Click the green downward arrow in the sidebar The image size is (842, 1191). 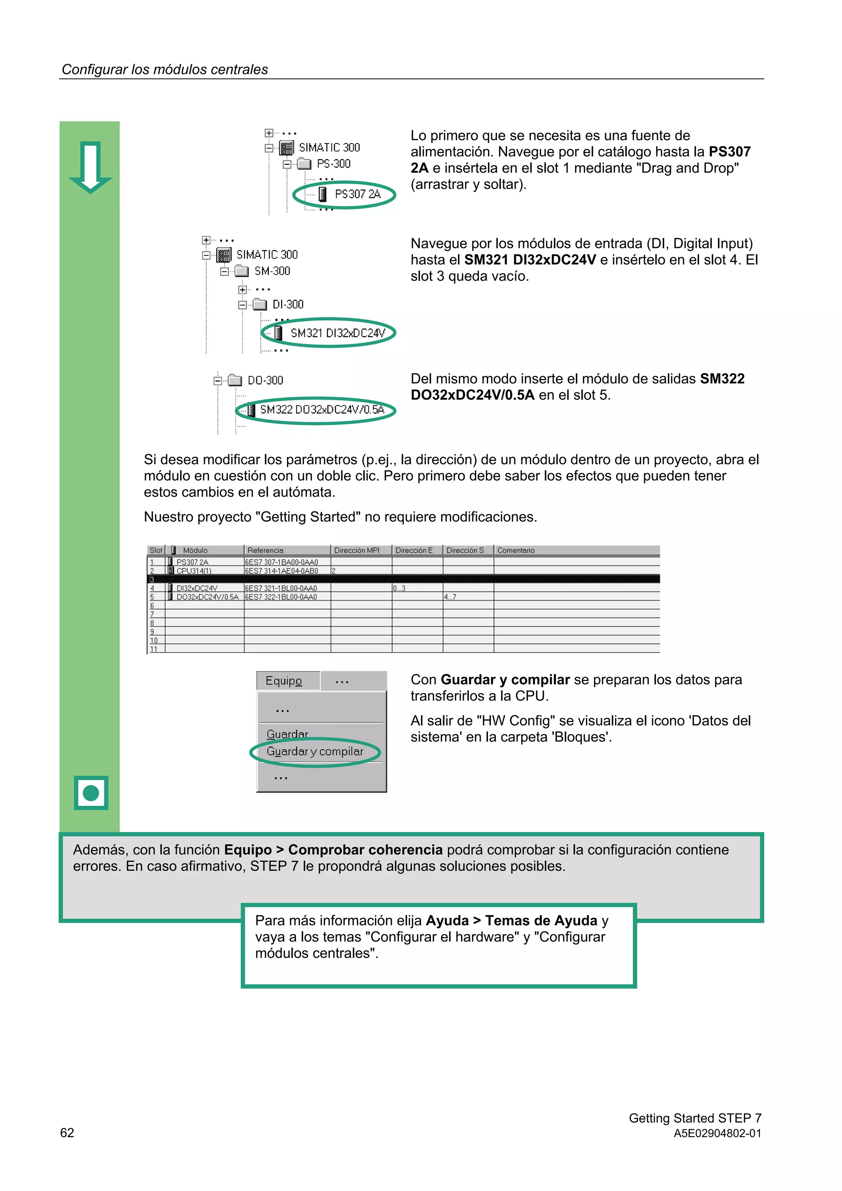[90, 167]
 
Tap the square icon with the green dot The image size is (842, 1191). [91, 793]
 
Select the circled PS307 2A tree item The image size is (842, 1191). [357, 194]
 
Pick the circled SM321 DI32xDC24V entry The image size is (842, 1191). [337, 333]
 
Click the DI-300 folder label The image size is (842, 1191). [288, 305]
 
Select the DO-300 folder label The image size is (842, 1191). [265, 380]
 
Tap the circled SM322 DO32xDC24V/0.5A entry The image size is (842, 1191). [322, 410]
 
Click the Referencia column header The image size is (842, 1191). [266, 550]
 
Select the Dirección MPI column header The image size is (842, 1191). [357, 550]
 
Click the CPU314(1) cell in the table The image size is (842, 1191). [194, 571]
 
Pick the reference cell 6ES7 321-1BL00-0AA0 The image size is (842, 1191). [281, 588]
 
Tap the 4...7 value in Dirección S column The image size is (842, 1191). [450, 597]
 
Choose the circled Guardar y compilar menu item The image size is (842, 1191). [315, 751]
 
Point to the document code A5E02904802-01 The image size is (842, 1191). [717, 1133]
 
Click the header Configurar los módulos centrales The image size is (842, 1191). [165, 69]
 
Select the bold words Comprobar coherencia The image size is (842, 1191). [365, 850]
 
